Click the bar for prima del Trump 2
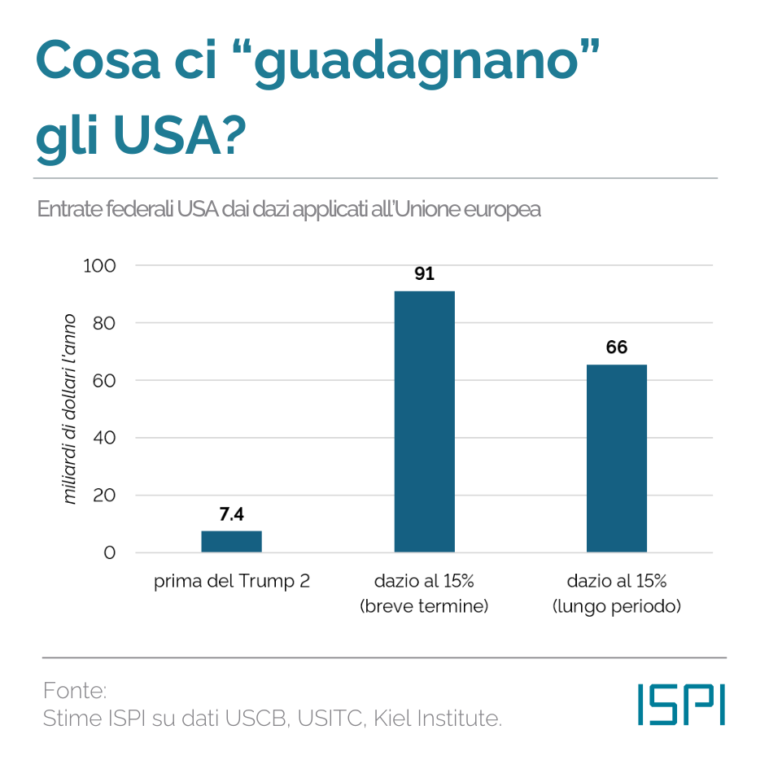231,541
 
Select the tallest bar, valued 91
424,422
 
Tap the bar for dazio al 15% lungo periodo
617,458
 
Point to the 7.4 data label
231,514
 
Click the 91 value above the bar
424,274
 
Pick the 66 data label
617,347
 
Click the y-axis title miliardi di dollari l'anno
71,409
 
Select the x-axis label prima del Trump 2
231,582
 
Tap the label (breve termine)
424,606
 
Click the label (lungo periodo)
617,606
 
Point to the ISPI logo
681,704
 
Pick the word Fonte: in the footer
75,692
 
